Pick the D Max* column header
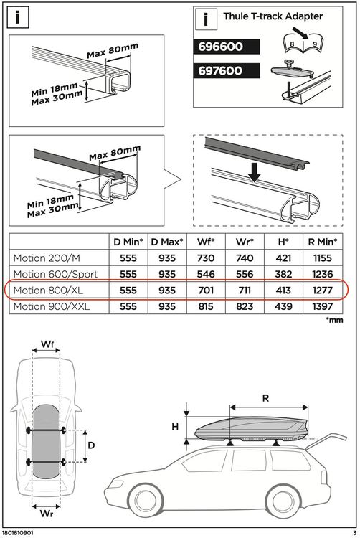(166, 242)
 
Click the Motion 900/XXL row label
(49, 307)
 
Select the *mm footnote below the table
(334, 321)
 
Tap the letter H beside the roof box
(175, 426)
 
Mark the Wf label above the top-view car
(46, 345)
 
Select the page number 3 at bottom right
(354, 533)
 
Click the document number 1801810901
(21, 533)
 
